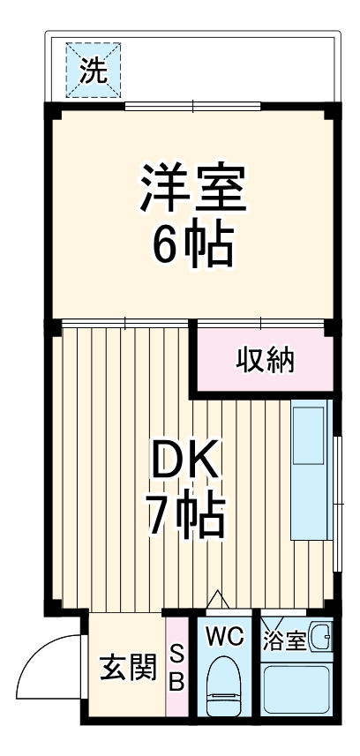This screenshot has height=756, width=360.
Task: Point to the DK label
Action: [185, 460]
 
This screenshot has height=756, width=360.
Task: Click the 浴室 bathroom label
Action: [283, 639]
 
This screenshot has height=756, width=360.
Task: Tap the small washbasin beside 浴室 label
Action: [321, 637]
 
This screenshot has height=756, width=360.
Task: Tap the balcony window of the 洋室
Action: [192, 107]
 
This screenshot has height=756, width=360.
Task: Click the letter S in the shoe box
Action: [176, 654]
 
